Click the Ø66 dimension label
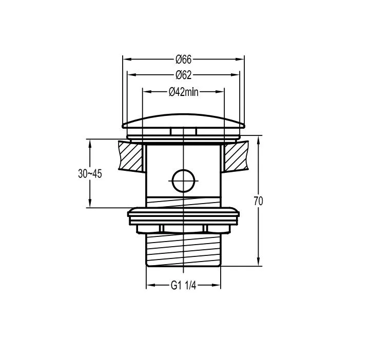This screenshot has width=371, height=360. click(x=183, y=59)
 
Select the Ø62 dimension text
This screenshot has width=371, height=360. click(x=183, y=75)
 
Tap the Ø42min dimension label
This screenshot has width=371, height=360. click(x=184, y=91)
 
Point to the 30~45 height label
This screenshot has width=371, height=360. click(x=90, y=174)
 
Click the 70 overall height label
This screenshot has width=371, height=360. click(x=259, y=201)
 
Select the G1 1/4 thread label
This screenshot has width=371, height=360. click(x=183, y=285)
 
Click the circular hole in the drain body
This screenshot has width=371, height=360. click(x=183, y=181)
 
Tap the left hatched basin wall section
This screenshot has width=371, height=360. click(x=131, y=156)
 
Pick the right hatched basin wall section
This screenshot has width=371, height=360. click(x=236, y=156)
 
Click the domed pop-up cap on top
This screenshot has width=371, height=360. click(x=183, y=121)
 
